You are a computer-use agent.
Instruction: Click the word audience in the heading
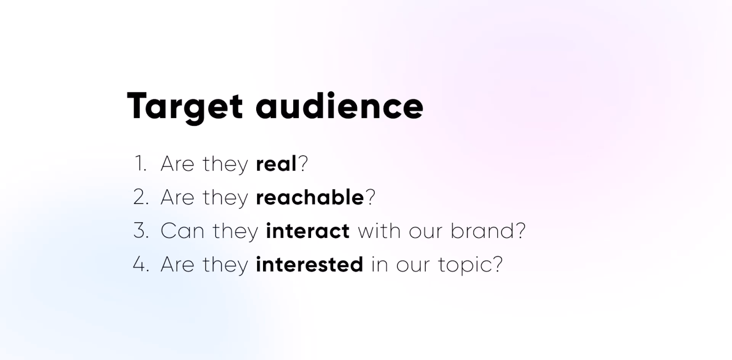click(339, 106)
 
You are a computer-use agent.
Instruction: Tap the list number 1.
click(140, 164)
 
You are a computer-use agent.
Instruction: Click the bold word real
click(276, 164)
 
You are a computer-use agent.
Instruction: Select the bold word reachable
click(310, 197)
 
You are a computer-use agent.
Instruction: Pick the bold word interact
click(307, 231)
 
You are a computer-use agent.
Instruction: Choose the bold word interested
click(309, 264)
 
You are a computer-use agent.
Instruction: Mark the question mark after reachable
click(371, 197)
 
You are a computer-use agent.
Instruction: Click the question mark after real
click(303, 164)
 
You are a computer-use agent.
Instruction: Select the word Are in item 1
click(178, 164)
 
